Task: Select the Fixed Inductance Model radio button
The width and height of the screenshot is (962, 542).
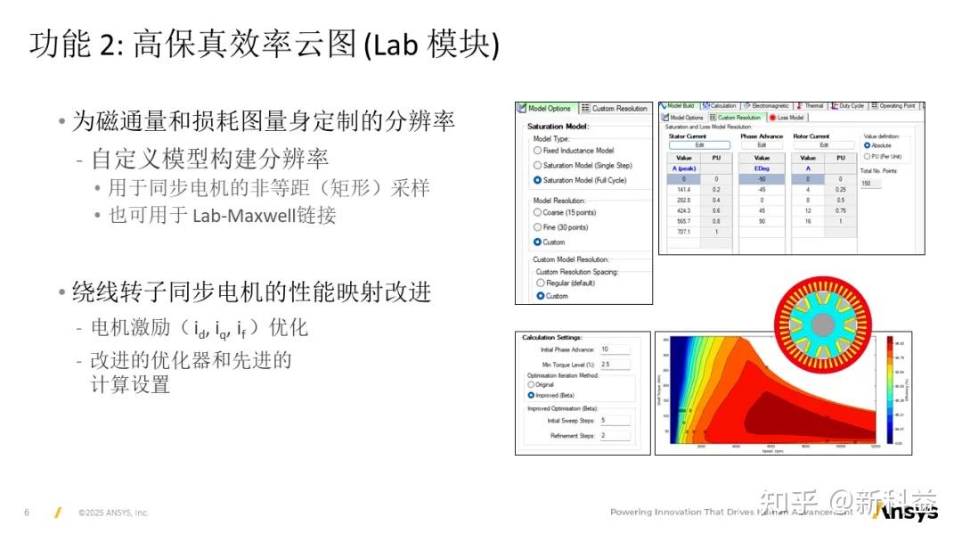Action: pos(537,151)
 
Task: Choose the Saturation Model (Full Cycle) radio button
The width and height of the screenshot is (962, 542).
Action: pos(537,180)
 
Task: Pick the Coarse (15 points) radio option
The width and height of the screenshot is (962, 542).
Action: pos(537,212)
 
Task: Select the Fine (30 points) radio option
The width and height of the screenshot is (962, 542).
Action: pos(537,227)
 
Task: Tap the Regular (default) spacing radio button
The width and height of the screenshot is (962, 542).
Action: pos(540,283)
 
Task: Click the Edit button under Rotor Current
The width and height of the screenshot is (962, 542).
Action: pos(824,144)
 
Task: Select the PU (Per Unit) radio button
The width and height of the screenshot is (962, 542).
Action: pos(868,156)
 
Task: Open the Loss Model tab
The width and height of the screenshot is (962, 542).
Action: pos(787,118)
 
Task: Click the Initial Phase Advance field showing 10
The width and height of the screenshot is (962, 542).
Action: pos(615,349)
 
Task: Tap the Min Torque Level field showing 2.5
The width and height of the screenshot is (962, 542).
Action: pos(615,365)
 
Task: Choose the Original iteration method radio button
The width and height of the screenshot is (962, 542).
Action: pos(532,384)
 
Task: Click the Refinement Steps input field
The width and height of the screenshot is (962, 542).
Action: pos(615,436)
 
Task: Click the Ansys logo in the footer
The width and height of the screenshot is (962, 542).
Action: pos(904,513)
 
